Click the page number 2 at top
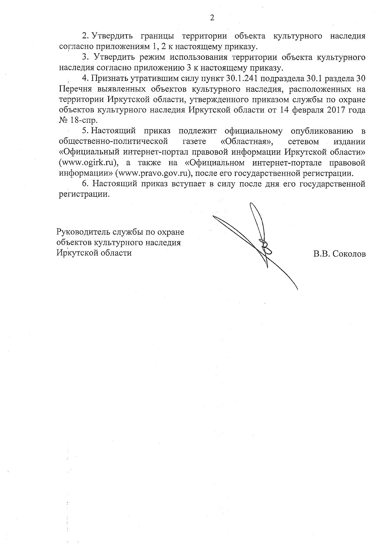[x=212, y=18]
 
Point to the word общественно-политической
[x=113, y=142]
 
